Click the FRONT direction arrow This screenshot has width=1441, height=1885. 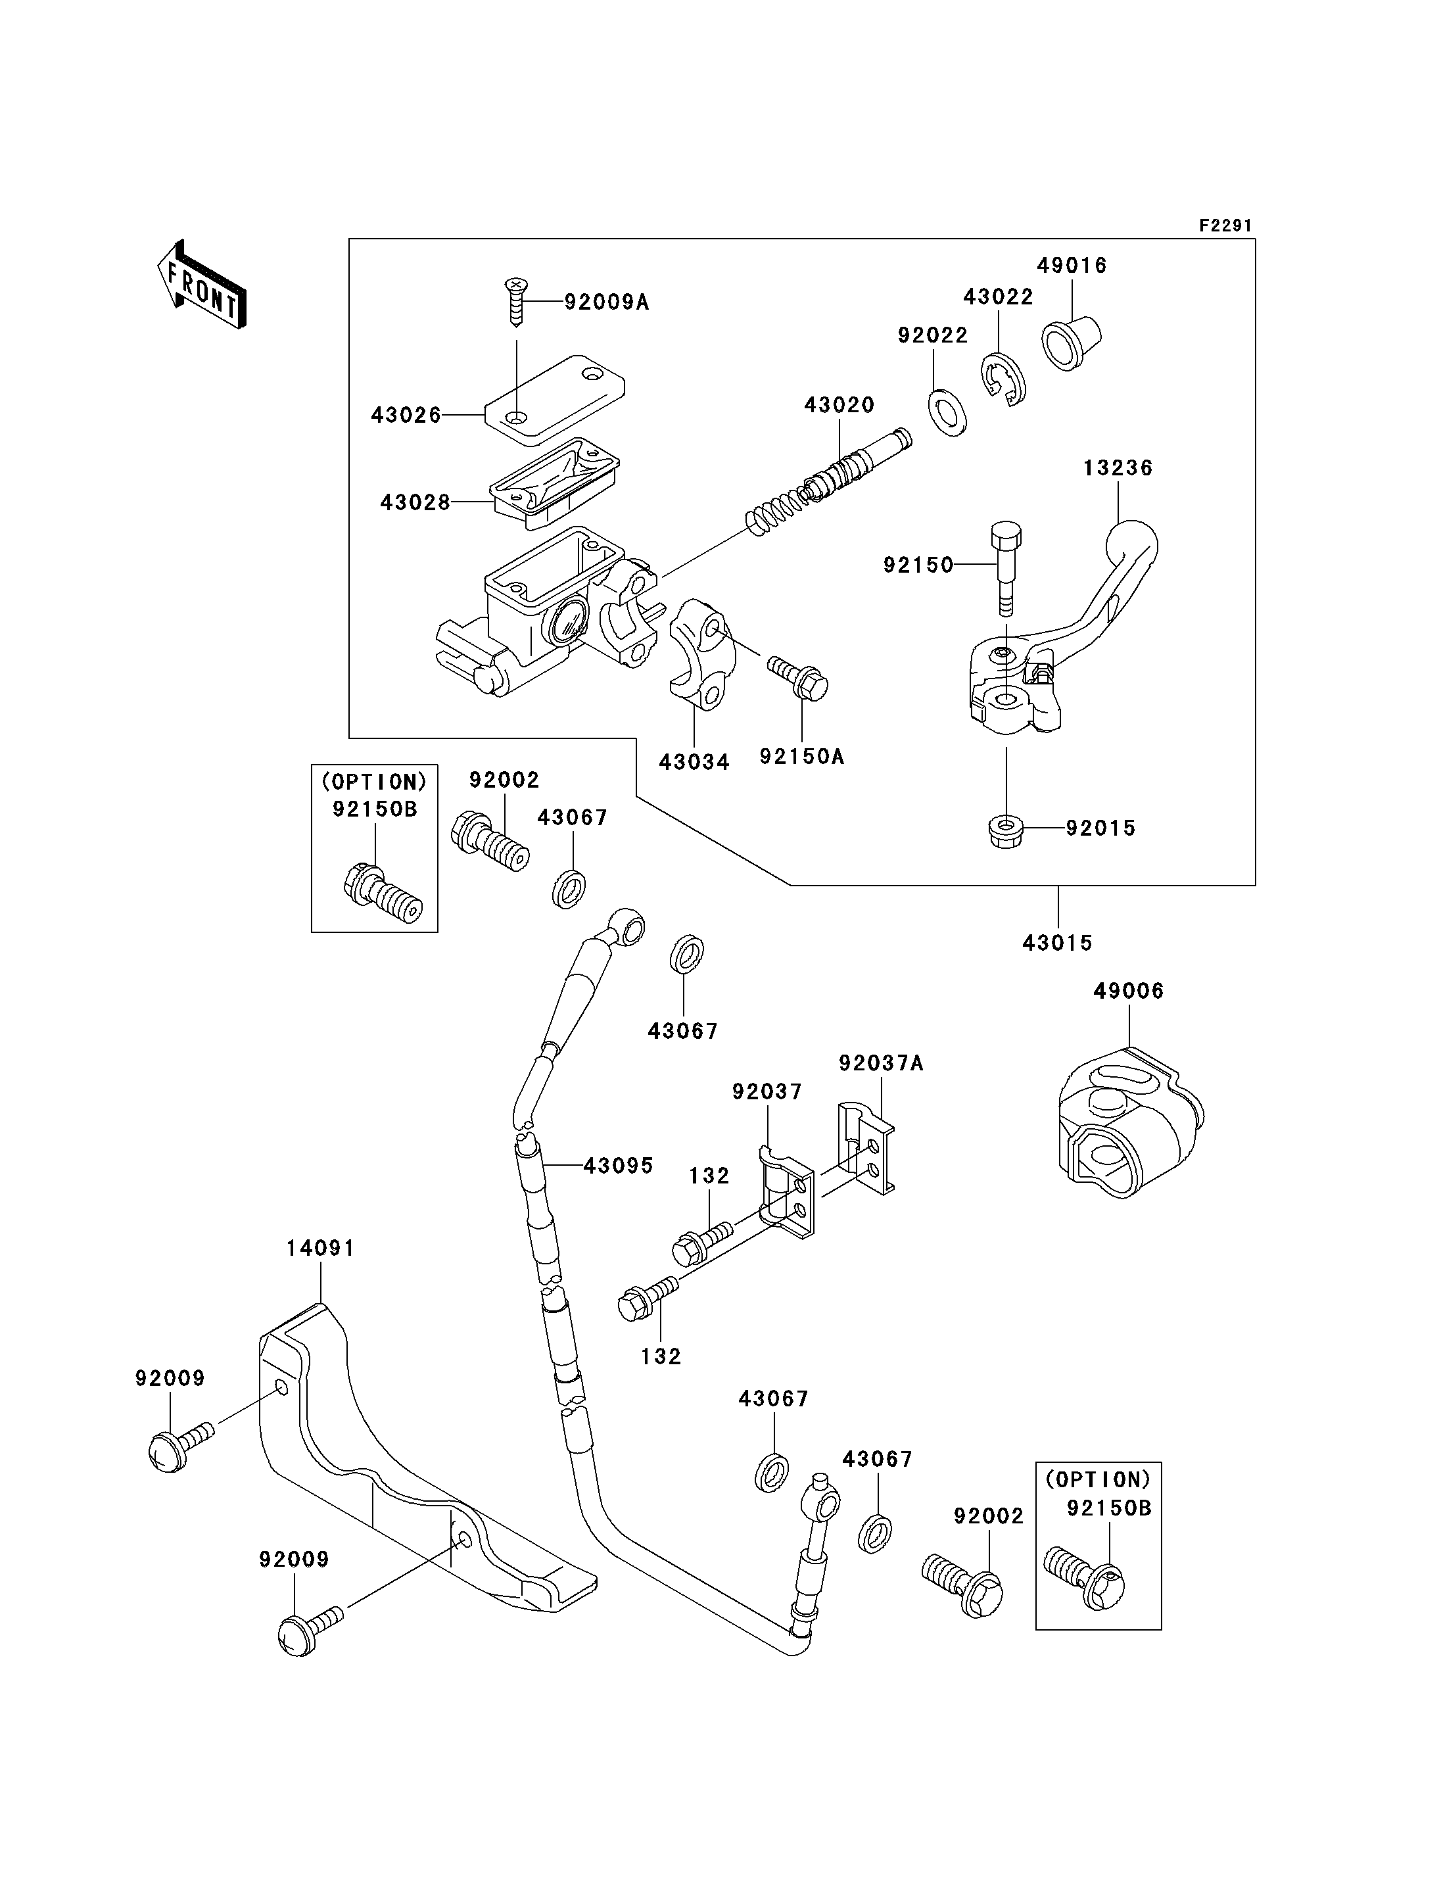point(202,284)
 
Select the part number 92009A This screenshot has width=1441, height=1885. point(605,302)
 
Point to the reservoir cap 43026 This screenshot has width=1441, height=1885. point(554,400)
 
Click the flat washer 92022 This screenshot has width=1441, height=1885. point(946,411)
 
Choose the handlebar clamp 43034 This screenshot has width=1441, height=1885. point(699,656)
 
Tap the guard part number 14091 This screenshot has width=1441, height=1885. point(320,1247)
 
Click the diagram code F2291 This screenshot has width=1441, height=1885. point(1225,226)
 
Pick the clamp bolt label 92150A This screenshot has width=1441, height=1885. point(801,756)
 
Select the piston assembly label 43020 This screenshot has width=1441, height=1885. point(839,405)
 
